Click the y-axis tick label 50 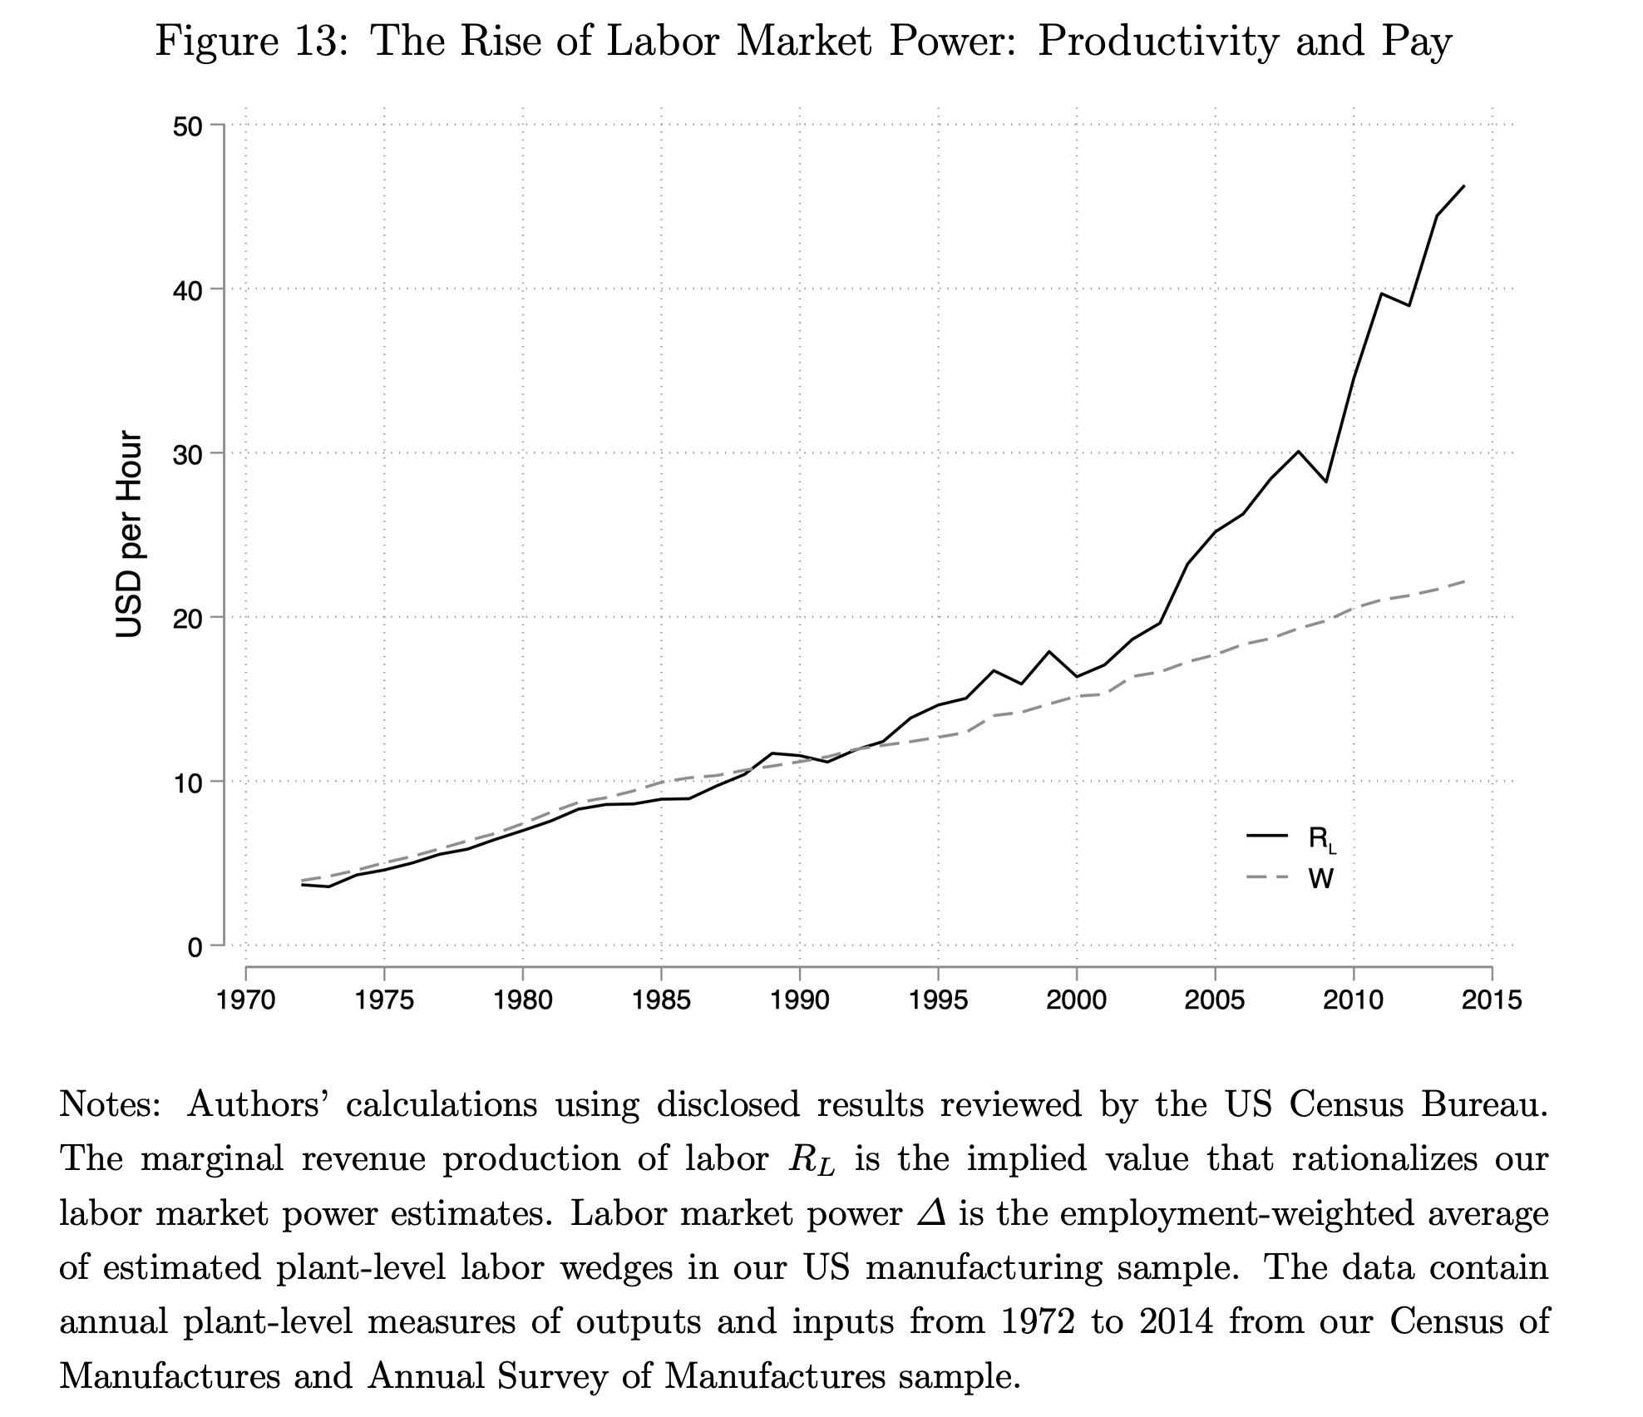click(189, 126)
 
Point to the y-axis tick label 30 click(189, 453)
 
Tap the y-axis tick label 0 click(195, 947)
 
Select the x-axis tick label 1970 click(246, 1000)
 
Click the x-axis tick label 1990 click(800, 1000)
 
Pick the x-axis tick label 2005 click(1215, 1000)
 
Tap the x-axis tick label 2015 click(1492, 1000)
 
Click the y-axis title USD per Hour click(129, 534)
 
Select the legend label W click(1321, 878)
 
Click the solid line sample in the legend click(1266, 835)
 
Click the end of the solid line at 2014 click(1463, 186)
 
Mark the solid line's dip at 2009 click(1326, 481)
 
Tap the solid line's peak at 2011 click(1381, 294)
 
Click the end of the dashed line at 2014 click(1463, 581)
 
